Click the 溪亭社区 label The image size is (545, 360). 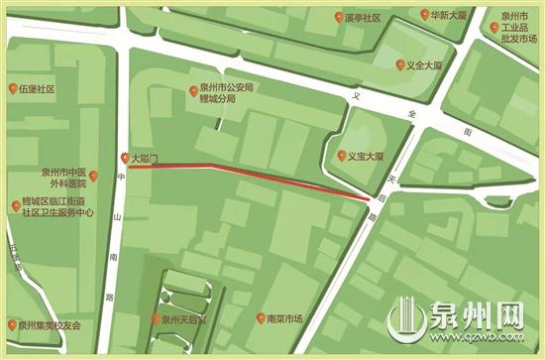tap(370, 18)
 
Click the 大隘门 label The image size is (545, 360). tap(145, 157)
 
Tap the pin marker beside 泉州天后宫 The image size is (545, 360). tap(153, 320)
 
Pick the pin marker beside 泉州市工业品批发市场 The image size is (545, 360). tap(495, 28)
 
